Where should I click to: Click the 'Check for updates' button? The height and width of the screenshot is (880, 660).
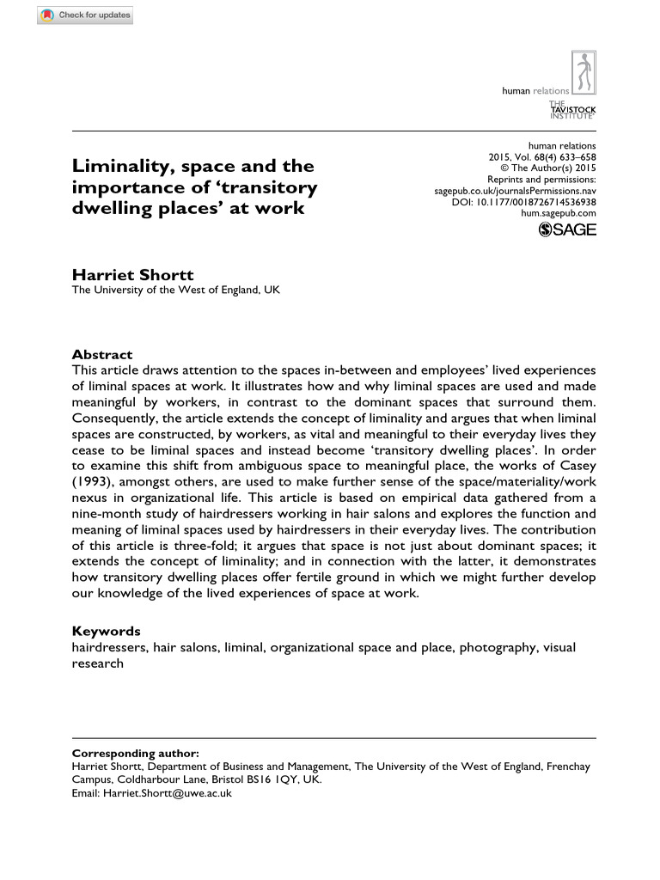tap(85, 15)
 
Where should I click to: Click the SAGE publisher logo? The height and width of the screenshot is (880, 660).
tap(566, 229)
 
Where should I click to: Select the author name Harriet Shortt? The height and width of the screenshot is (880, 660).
tap(133, 275)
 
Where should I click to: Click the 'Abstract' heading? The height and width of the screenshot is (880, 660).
tap(102, 354)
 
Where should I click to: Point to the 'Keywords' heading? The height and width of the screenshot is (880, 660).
tap(107, 631)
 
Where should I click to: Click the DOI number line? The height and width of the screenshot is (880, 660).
tap(523, 202)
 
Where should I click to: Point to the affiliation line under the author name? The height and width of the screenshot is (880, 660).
tap(175, 290)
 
